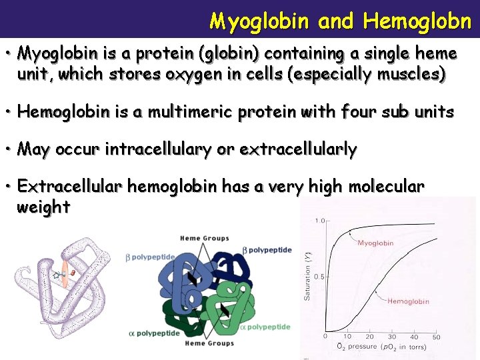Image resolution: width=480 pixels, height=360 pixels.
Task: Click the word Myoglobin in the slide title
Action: (259, 21)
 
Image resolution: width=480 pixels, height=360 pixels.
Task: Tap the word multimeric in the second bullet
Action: (179, 112)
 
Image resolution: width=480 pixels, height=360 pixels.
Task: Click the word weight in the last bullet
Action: (43, 207)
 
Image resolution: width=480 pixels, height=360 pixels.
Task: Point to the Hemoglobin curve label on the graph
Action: (409, 301)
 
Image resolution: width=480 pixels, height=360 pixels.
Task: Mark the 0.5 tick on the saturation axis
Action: (319, 276)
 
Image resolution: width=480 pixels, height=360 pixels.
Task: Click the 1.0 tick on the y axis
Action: (320, 221)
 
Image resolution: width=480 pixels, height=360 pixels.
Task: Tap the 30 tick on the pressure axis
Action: (393, 337)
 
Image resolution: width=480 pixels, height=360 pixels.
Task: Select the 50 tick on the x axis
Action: (436, 337)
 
